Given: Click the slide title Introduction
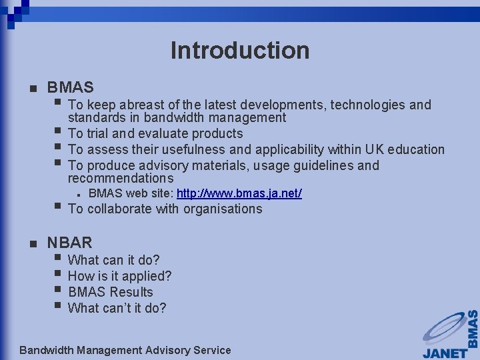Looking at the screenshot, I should (x=240, y=51).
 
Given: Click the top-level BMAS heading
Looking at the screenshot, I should (x=70, y=87).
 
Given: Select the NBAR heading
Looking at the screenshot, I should (x=69, y=243).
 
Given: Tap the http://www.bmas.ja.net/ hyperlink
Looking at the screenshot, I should (x=239, y=193).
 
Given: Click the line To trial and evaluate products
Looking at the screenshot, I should (x=155, y=133).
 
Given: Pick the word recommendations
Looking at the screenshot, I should (x=121, y=178).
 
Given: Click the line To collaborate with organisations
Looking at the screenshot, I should (x=165, y=209).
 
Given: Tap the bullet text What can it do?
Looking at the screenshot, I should (x=114, y=260).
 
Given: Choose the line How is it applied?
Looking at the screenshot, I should (x=120, y=276).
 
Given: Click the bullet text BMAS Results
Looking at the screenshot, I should (x=111, y=292).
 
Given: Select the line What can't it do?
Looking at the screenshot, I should (x=117, y=308).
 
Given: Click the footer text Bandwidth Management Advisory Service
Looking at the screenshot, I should (x=125, y=350).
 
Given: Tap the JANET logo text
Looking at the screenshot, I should (x=445, y=351).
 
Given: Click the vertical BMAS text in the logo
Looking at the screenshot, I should (x=473, y=329).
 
